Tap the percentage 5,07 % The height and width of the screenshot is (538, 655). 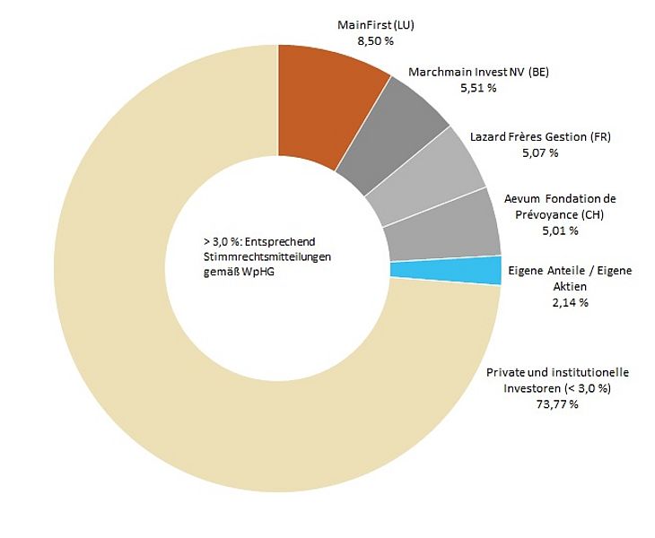click(x=540, y=152)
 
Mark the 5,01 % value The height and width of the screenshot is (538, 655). click(x=560, y=230)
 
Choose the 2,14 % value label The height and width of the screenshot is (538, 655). click(x=570, y=302)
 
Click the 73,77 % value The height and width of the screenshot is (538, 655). click(x=556, y=404)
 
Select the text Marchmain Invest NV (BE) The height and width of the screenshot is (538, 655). click(x=479, y=72)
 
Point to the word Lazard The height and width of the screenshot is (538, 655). click(x=490, y=136)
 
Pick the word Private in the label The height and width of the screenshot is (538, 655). click(x=506, y=372)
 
